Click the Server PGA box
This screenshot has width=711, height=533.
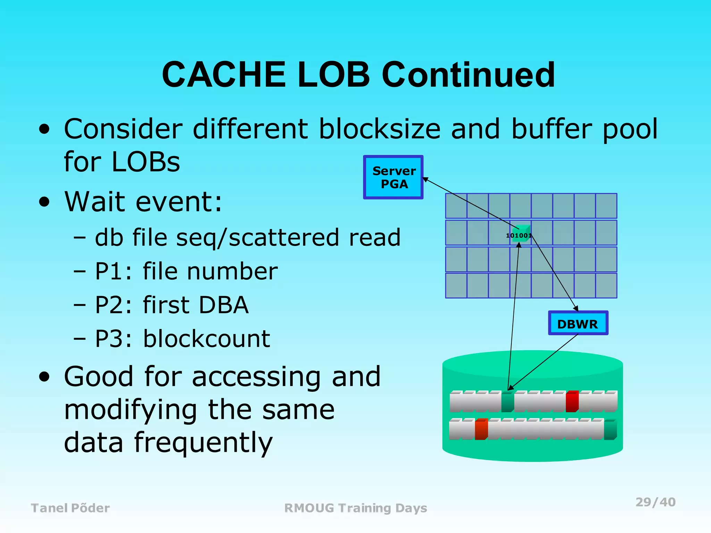tap(393, 177)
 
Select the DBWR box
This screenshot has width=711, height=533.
tap(578, 323)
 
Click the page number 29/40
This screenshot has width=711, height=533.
tap(655, 502)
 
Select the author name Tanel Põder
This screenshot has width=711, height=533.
tap(70, 508)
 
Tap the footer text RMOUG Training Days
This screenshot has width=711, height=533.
tap(355, 508)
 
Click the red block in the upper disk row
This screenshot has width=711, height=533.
tap(572, 401)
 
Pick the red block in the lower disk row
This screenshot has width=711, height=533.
tap(481, 430)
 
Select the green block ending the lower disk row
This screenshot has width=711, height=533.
tap(610, 430)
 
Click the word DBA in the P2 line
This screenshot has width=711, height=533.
tap(224, 305)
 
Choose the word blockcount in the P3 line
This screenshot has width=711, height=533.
tap(207, 339)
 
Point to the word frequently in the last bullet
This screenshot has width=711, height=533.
tap(203, 443)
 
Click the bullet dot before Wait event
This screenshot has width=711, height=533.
tap(44, 202)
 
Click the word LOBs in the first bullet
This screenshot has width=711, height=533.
tap(146, 162)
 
